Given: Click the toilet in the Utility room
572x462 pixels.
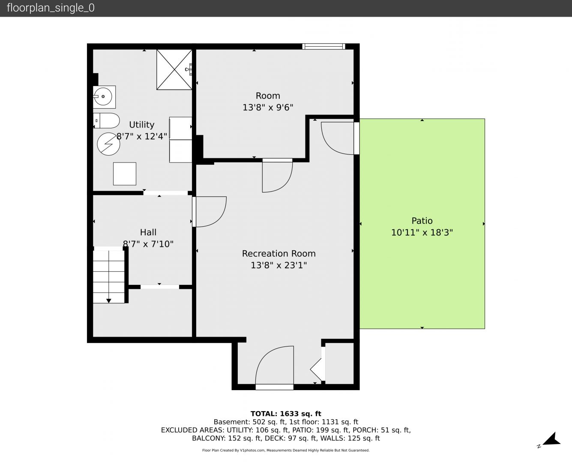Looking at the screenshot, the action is (106, 121).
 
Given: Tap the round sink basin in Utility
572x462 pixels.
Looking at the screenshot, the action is (103, 97).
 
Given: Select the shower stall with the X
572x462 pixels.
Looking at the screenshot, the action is (174, 69).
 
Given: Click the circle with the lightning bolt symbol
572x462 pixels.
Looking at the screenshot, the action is (108, 144).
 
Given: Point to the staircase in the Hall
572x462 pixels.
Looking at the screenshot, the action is (109, 277).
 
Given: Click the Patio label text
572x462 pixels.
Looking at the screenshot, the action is (422, 221).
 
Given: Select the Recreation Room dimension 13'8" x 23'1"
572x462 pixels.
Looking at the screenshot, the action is (279, 265).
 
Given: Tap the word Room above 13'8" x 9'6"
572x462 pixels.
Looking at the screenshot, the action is (268, 96).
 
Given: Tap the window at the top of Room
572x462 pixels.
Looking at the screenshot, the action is (323, 46).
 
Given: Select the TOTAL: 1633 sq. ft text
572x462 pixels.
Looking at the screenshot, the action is (286, 414).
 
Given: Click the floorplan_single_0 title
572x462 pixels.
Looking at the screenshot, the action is (51, 8).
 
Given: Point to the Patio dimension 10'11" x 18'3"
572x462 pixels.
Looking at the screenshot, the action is (422, 232).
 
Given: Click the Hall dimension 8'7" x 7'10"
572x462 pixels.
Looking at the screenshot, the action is (148, 244).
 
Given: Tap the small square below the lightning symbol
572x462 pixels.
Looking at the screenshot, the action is (125, 174).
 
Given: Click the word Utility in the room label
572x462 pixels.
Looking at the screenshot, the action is (141, 124).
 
